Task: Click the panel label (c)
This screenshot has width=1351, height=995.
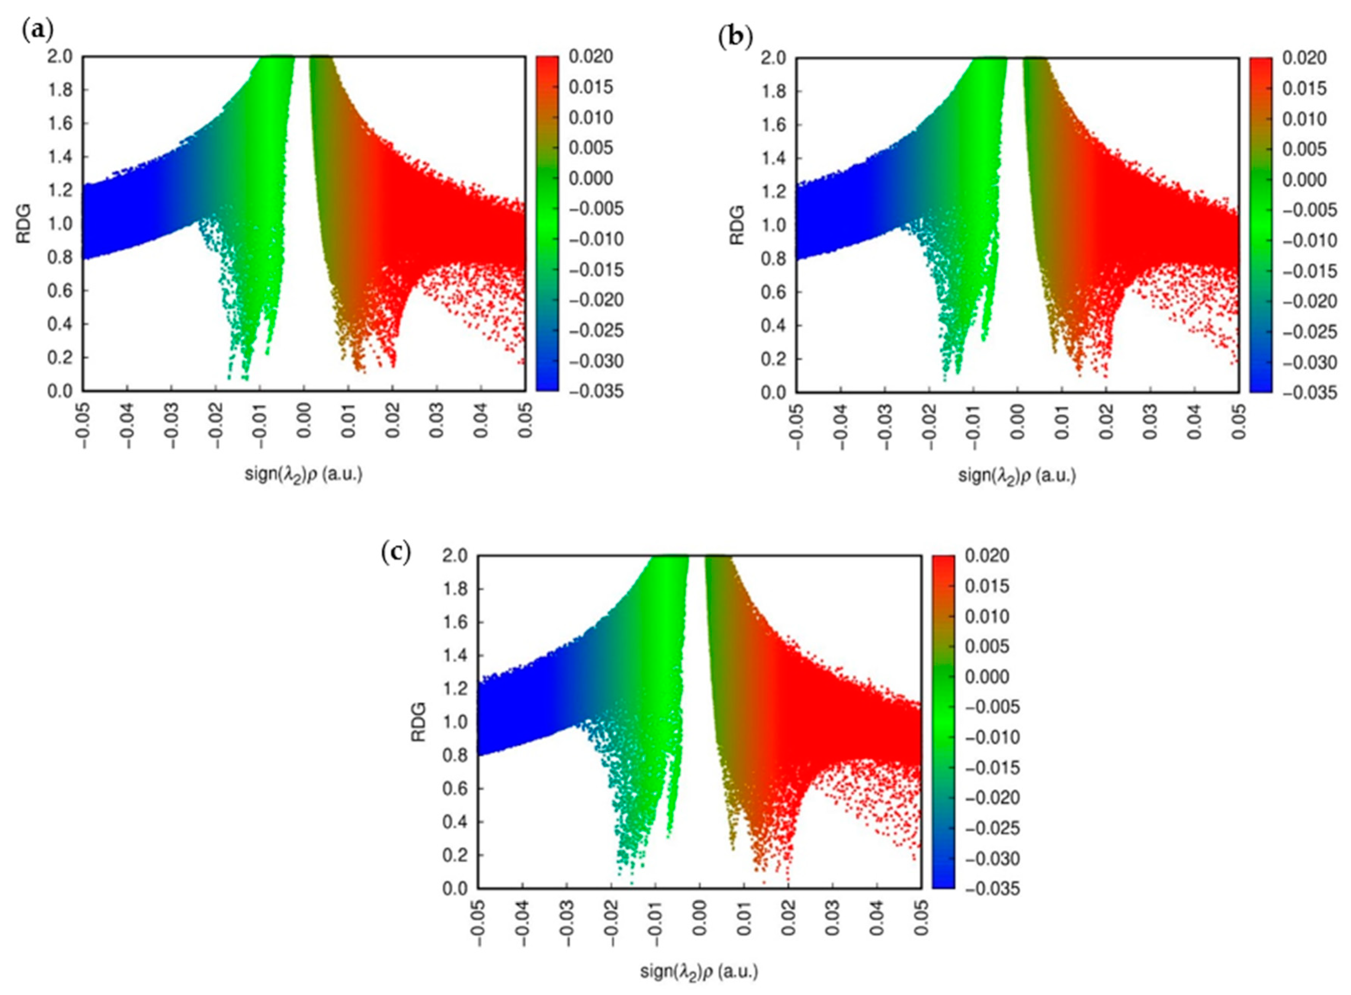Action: click(x=396, y=552)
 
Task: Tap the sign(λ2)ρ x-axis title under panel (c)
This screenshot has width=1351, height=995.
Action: click(x=699, y=971)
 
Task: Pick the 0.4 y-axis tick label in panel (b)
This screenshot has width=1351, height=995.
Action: click(x=773, y=326)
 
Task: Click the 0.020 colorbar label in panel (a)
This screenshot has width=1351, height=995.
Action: click(x=591, y=57)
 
